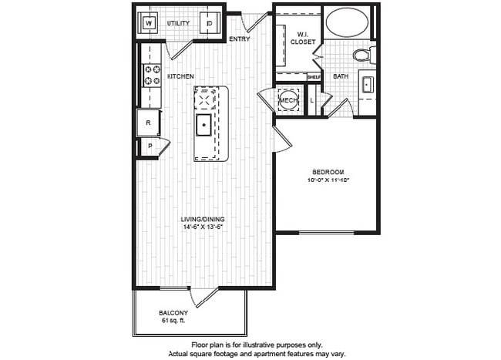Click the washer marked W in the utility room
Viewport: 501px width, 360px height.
pos(149,24)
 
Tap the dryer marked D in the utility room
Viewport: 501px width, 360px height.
pos(209,24)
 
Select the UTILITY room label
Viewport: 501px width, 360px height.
pos(178,24)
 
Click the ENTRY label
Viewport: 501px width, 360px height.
pos(240,39)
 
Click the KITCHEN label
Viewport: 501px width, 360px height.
pos(180,76)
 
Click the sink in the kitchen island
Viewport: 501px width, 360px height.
pos(205,126)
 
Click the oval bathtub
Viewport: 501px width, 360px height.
pos(346,22)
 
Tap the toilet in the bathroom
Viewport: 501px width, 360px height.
pos(361,54)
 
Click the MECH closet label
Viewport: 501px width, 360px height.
pos(288,100)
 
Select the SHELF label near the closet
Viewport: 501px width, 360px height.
pos(314,76)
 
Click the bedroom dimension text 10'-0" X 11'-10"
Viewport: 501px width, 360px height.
pos(328,180)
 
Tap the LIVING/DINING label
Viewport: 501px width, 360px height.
pos(203,219)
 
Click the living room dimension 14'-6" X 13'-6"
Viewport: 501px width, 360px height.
pos(203,227)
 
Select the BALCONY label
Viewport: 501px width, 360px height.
pos(173,312)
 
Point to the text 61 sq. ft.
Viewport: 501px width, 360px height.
pos(173,320)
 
